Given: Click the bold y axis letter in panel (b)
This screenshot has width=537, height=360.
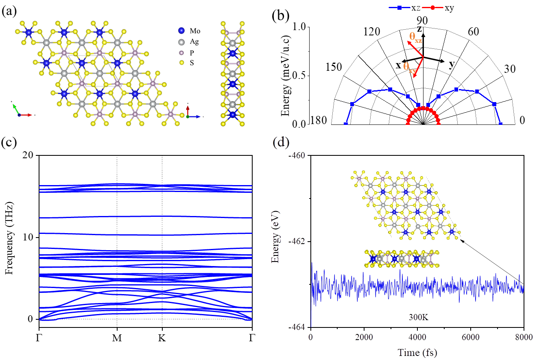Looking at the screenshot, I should [x=452, y=65].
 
